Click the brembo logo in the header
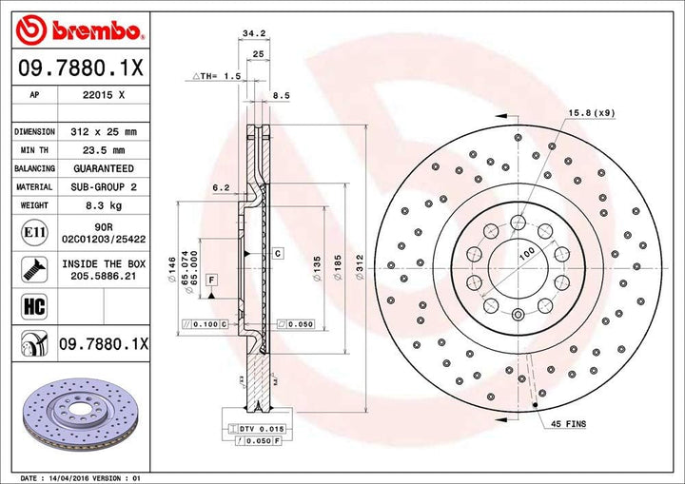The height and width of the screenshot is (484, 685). point(79,30)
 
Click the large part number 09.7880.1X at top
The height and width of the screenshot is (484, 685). point(79,68)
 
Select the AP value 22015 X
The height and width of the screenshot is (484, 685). point(105,96)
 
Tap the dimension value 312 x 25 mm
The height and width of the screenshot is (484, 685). point(105,132)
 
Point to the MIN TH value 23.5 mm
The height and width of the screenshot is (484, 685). point(105,150)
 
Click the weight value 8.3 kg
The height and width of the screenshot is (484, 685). point(105,205)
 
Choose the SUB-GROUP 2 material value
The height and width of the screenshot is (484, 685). point(105,187)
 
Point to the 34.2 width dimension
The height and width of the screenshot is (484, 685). point(253,33)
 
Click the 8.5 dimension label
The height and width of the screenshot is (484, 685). point(282,96)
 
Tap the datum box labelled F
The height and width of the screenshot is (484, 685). point(208,279)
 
